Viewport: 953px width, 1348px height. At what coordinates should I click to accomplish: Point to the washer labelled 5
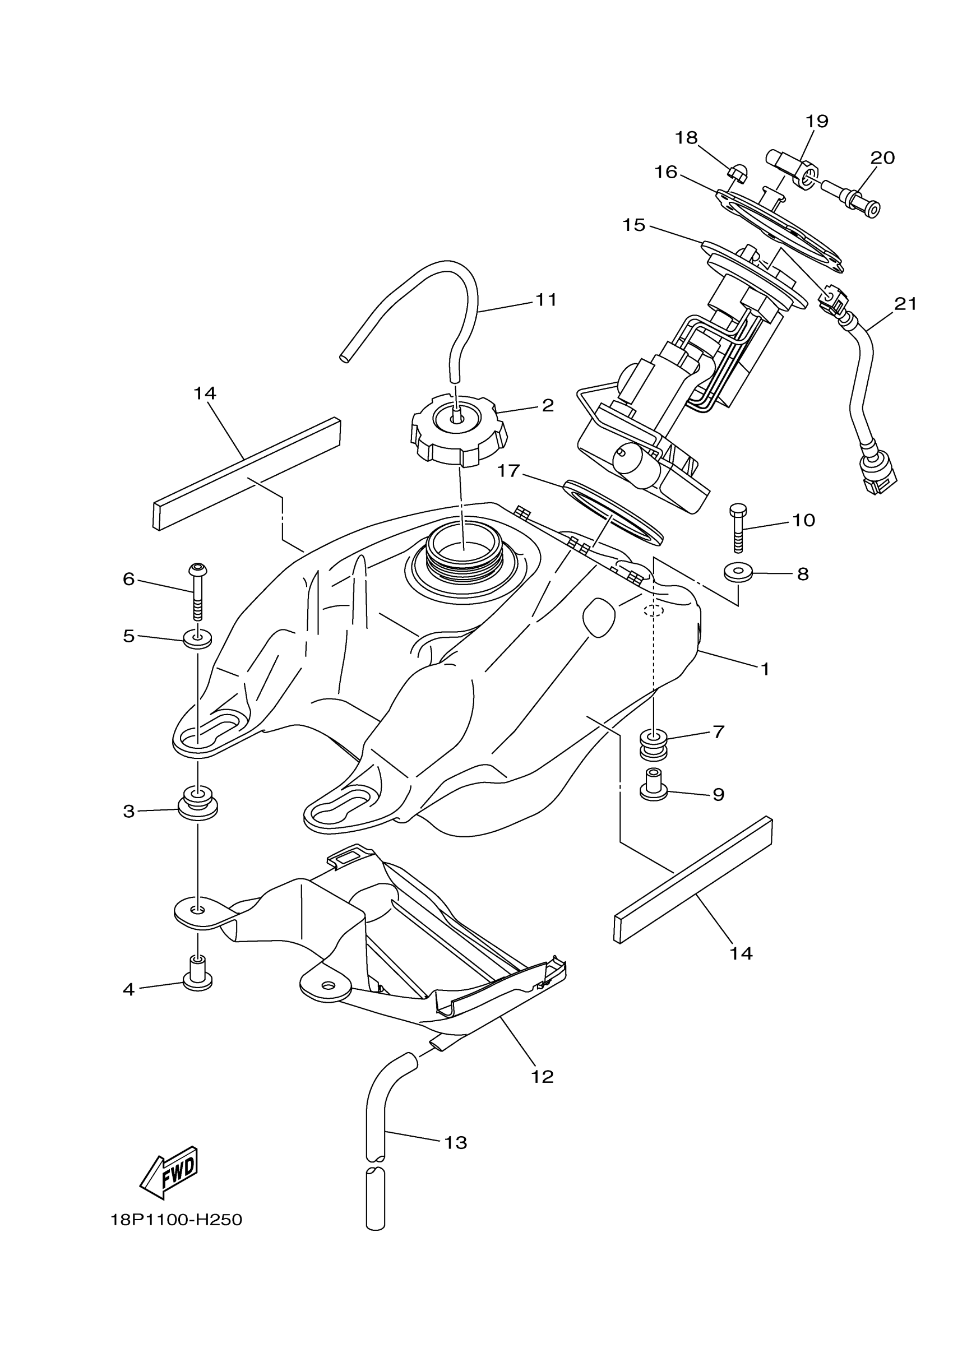(198, 638)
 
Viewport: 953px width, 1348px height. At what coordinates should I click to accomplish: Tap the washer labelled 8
(738, 572)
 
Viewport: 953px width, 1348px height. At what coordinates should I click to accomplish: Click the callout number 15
(634, 225)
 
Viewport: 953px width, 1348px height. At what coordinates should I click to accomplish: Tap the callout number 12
(542, 1077)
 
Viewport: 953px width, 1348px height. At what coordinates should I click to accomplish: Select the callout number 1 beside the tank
(765, 669)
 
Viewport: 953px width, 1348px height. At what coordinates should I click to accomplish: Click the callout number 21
(905, 304)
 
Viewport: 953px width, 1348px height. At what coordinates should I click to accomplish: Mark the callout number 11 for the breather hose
(545, 299)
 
